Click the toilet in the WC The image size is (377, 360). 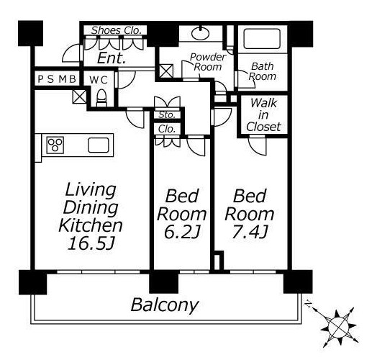(x=101, y=98)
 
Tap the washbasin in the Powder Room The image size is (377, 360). (x=200, y=33)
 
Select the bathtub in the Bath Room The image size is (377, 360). (x=262, y=38)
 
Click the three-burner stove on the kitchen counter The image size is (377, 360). (x=55, y=145)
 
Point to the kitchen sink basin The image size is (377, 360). (x=99, y=145)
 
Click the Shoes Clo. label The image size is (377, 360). (x=116, y=30)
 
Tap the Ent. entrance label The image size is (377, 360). (x=112, y=58)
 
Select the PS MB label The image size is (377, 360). (x=57, y=79)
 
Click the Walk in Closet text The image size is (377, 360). (x=263, y=115)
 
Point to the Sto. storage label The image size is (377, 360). (x=167, y=115)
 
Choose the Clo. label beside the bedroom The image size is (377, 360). (x=167, y=129)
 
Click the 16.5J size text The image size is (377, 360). (x=91, y=243)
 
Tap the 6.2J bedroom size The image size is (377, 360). (x=182, y=232)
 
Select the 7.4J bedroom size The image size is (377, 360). (x=250, y=232)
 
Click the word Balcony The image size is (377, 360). (x=165, y=305)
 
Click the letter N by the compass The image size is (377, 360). (x=308, y=305)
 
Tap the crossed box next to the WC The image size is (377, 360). (x=80, y=96)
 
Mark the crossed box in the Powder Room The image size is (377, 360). (x=166, y=71)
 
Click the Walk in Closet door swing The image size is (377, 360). (x=258, y=145)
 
